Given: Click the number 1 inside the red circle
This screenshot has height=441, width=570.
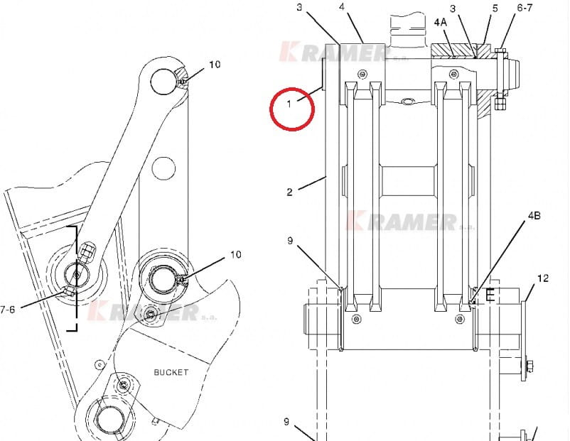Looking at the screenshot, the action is (x=289, y=104).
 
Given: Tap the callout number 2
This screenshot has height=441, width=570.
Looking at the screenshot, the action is (x=289, y=192).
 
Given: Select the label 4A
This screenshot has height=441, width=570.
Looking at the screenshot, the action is (x=440, y=23).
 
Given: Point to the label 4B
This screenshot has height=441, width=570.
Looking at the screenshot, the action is (x=534, y=216).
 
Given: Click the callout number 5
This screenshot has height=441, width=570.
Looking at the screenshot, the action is (x=495, y=9).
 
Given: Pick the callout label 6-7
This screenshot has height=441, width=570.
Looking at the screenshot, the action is (x=525, y=8).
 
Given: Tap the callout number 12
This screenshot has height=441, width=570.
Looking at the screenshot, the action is (x=542, y=278).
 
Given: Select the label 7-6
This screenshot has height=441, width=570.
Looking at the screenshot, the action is (x=7, y=310).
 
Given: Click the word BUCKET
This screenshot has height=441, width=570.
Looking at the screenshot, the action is (x=171, y=372).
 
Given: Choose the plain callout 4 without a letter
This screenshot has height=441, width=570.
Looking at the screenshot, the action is (x=342, y=6).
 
